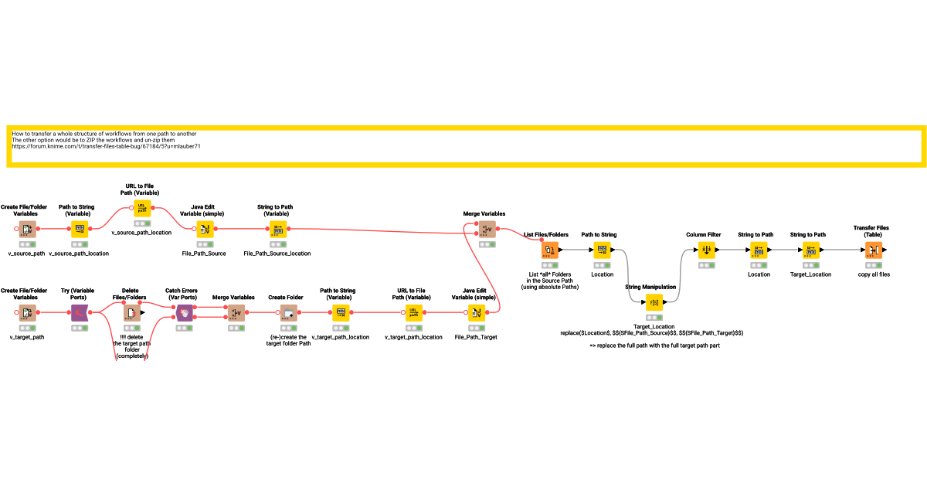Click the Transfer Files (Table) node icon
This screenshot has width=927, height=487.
pos(873,250)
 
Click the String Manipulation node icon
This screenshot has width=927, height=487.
pos(654,302)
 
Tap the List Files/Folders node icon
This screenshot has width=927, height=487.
pos(549,250)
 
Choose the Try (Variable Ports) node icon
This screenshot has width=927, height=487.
pos(79,312)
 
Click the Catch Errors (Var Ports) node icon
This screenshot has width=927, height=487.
pos(184,312)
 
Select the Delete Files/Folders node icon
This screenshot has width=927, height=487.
pos(131,312)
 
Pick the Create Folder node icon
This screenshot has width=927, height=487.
pos(289,312)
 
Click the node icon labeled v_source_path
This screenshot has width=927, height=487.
pos(26,229)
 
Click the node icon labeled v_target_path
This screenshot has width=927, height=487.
pos(26,312)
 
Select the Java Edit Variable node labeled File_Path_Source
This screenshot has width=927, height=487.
pos(205,229)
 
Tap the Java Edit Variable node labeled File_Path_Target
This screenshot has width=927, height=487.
pos(476,312)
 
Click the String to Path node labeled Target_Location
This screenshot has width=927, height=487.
pos(810,250)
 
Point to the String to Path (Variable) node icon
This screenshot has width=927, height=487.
pos(277,229)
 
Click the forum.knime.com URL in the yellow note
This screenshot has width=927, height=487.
pos(107,146)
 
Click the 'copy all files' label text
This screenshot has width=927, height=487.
pos(873,274)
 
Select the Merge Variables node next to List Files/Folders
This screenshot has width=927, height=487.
pos(487,229)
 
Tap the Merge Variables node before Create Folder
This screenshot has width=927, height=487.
pos(236,312)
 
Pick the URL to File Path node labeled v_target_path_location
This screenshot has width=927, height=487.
pos(413,312)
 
